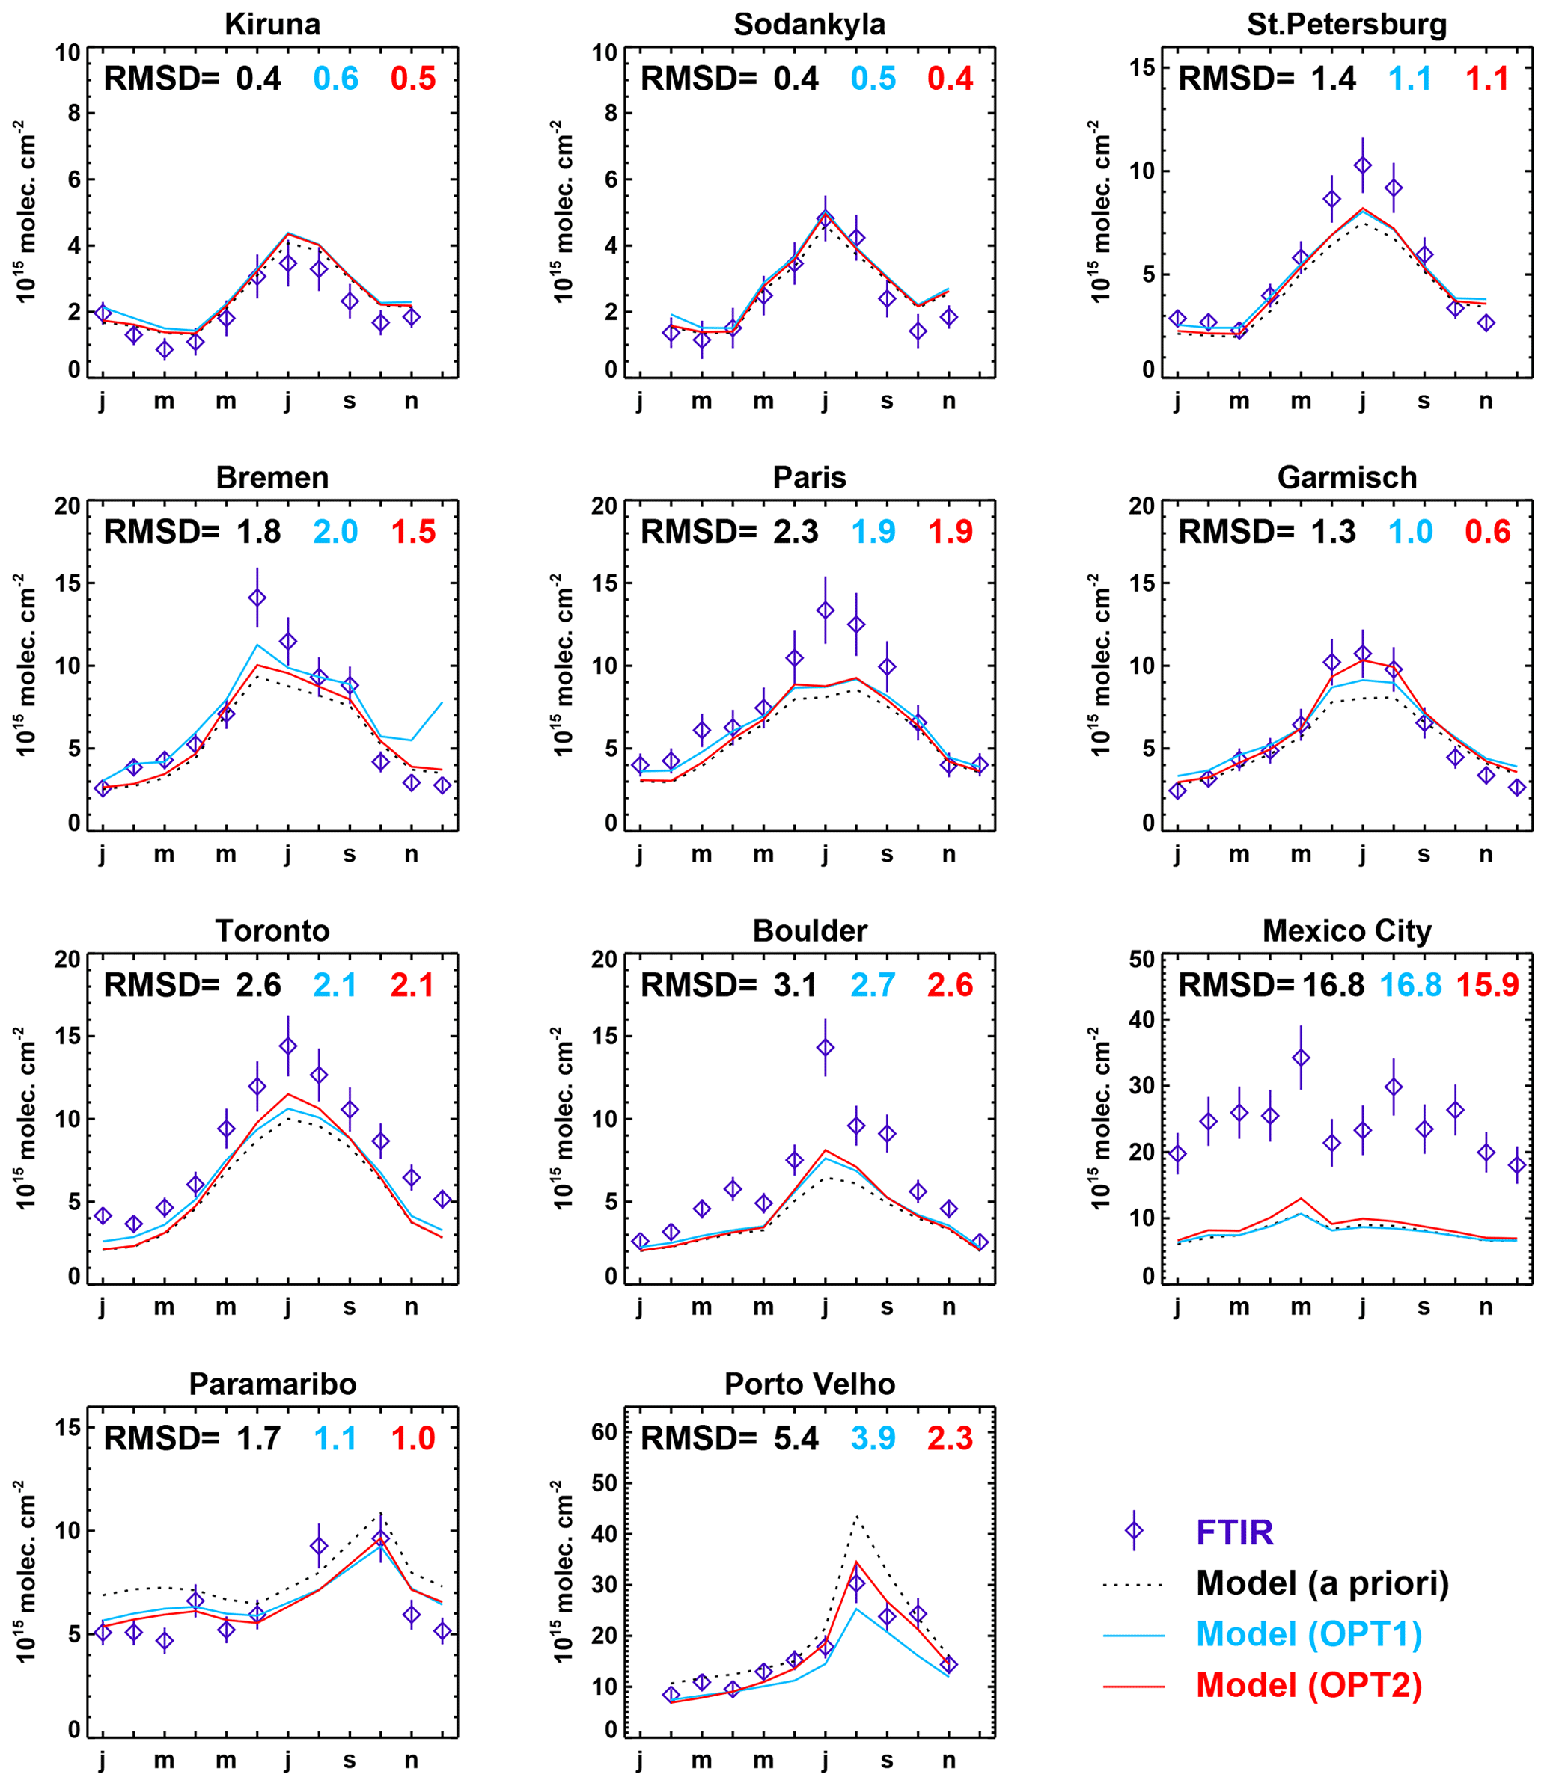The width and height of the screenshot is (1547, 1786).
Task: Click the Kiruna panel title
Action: point(272,24)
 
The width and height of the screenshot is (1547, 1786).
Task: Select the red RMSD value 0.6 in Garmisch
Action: point(1487,533)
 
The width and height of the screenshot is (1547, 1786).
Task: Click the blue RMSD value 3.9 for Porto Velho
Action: point(873,1438)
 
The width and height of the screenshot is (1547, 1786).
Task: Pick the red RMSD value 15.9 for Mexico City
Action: point(1487,985)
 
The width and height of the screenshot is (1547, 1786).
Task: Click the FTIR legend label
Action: point(1234,1533)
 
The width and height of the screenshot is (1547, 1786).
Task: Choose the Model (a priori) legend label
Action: point(1322,1583)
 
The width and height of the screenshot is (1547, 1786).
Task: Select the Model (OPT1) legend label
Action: point(1309,1634)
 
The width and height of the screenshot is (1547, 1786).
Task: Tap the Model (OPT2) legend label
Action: point(1309,1685)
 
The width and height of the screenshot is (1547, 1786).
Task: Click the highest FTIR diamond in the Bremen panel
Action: point(257,598)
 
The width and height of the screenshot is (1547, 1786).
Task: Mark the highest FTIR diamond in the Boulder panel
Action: point(826,1047)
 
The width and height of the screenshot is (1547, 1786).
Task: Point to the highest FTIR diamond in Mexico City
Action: point(1301,1058)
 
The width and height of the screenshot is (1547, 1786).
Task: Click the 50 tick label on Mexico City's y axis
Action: point(1141,960)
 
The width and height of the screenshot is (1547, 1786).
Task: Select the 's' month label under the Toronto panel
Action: point(350,1307)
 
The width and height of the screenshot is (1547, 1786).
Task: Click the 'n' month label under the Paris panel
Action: point(949,854)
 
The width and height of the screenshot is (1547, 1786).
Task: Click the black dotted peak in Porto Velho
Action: point(856,1516)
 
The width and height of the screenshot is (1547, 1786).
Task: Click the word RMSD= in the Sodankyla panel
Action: point(698,79)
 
